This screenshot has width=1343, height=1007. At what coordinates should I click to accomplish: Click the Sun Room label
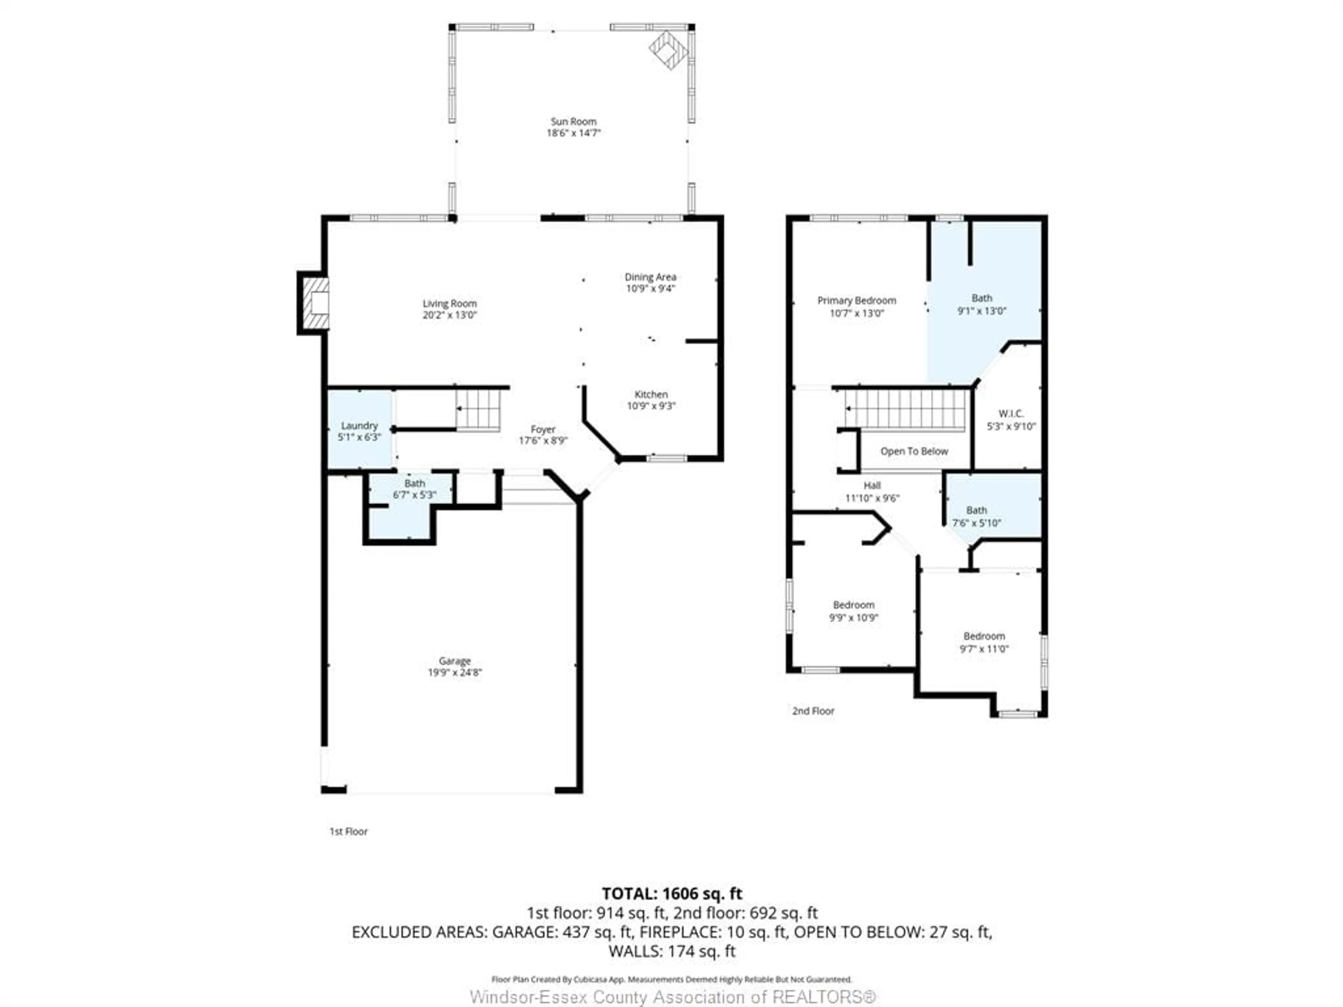click(x=573, y=121)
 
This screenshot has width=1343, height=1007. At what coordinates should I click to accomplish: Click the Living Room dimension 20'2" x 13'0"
click(x=449, y=315)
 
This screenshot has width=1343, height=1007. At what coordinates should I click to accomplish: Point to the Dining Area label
click(x=650, y=277)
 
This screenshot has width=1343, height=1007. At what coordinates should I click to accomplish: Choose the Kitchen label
click(x=651, y=394)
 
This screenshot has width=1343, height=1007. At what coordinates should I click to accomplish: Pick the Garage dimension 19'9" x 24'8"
click(x=455, y=672)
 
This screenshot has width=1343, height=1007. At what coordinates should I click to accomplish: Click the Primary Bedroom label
click(x=856, y=300)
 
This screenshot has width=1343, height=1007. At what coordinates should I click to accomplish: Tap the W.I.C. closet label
click(x=1011, y=413)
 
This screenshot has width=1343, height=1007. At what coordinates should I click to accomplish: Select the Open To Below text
click(x=914, y=451)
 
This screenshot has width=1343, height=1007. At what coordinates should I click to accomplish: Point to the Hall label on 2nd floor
click(x=872, y=485)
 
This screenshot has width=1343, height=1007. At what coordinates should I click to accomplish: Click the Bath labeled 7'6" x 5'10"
click(x=976, y=516)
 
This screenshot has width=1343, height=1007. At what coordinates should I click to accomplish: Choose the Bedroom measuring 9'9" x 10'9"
click(x=854, y=611)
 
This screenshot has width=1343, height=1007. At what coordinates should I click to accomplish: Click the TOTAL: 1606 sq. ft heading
click(x=671, y=893)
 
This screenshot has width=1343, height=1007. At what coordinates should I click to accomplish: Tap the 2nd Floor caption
click(x=813, y=711)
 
